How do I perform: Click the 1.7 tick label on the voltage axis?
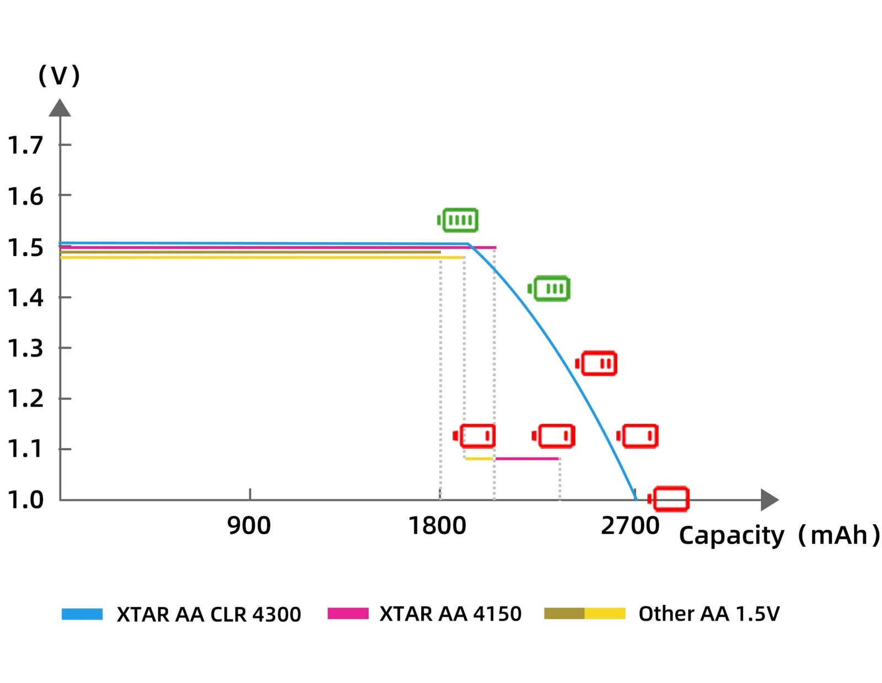click(x=25, y=145)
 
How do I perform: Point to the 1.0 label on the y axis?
click(x=25, y=500)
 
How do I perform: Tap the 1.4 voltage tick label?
click(x=25, y=298)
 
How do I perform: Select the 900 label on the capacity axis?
click(x=249, y=526)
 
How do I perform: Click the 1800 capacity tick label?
click(x=437, y=526)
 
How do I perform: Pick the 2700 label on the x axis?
click(x=630, y=526)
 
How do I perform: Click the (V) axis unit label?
click(x=59, y=75)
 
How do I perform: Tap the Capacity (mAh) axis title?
click(x=779, y=535)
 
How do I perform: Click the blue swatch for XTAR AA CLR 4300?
click(x=82, y=613)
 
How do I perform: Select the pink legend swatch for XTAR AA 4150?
click(x=347, y=613)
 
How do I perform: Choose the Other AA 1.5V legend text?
click(x=709, y=613)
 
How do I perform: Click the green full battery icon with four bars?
click(x=458, y=220)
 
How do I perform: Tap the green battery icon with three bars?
click(x=549, y=289)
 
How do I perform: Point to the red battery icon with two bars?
click(x=596, y=364)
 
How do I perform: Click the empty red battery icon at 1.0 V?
click(x=669, y=499)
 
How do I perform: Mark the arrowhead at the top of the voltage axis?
click(x=60, y=108)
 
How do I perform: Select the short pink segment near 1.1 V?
click(x=528, y=458)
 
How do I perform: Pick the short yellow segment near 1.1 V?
click(x=479, y=458)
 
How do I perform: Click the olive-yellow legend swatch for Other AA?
click(x=584, y=613)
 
